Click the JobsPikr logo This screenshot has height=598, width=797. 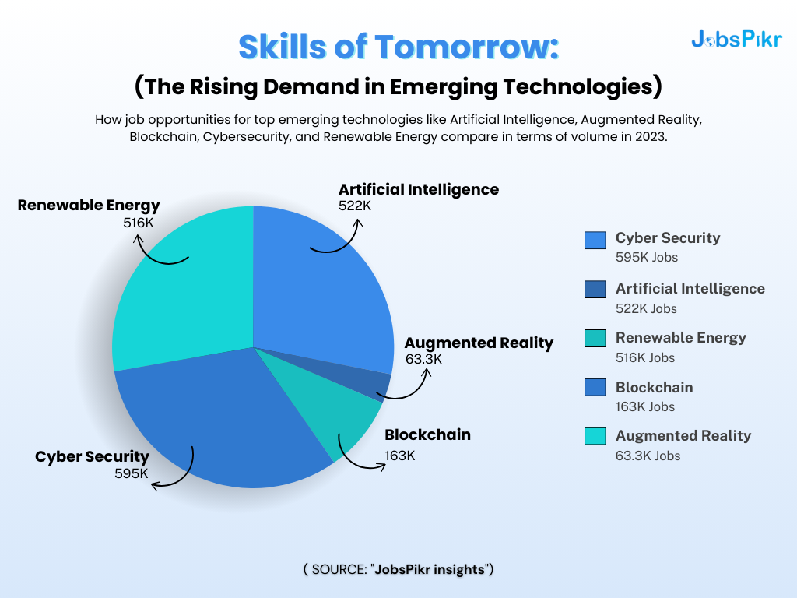[736, 39]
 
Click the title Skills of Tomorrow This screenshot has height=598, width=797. [398, 47]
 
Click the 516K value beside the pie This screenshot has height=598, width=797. [138, 222]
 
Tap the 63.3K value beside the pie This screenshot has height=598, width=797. [423, 360]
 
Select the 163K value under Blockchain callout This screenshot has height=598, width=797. [400, 456]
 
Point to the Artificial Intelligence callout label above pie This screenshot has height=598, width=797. [419, 189]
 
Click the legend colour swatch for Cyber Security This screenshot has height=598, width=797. [595, 240]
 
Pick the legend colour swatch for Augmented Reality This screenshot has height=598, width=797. [595, 437]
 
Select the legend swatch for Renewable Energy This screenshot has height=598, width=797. [595, 339]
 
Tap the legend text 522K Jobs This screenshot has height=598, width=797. [646, 308]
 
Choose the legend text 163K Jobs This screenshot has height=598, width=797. [645, 406]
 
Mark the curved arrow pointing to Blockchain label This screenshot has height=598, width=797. [359, 456]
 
